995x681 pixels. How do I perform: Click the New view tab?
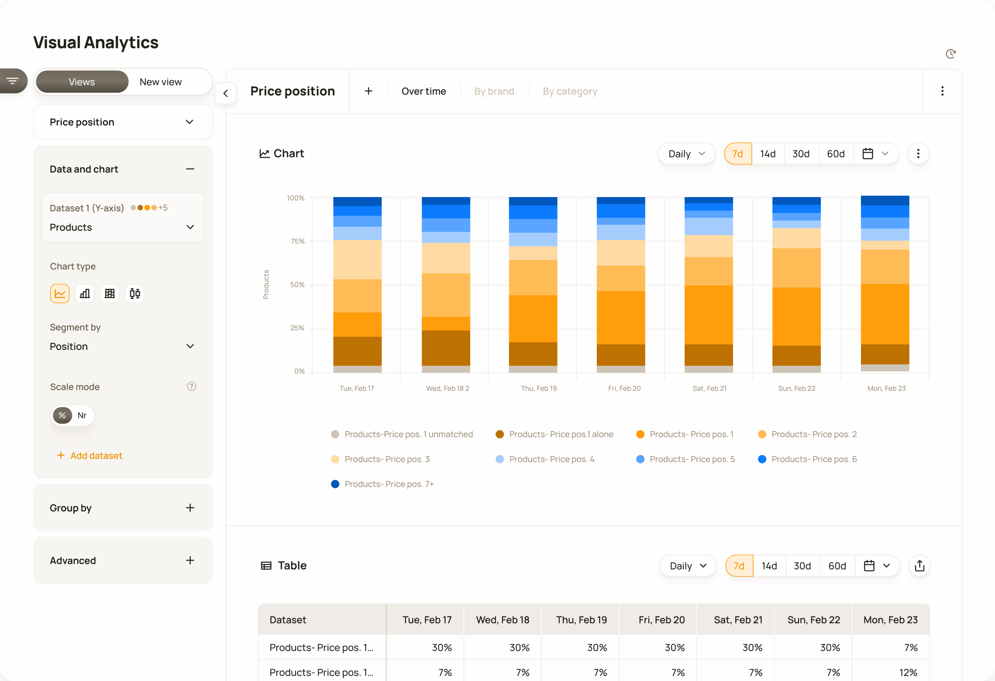[x=160, y=82]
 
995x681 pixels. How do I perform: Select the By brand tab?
[x=494, y=91]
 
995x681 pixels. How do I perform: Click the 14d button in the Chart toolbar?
[x=768, y=154]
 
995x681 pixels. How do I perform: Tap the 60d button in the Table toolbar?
[x=837, y=566]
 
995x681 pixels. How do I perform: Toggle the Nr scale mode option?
[x=82, y=415]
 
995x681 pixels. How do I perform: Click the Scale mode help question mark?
[x=191, y=387]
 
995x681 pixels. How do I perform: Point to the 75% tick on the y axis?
[x=298, y=242]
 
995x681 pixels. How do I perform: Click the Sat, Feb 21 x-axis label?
[x=709, y=388]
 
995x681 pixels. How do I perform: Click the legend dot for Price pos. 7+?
[x=335, y=484]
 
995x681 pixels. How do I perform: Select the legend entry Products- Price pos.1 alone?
[x=561, y=435]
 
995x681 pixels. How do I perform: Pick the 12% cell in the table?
[x=908, y=673]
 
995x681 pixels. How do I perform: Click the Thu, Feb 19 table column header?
[x=581, y=620]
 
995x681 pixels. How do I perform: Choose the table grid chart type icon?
[x=110, y=294]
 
